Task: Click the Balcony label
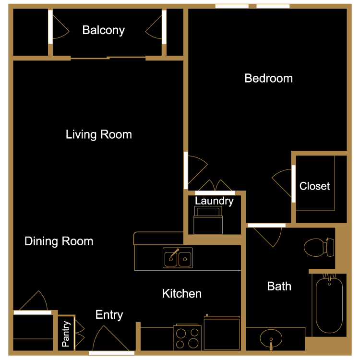[104, 30]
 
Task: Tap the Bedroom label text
[269, 78]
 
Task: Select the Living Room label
[99, 134]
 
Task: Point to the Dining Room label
[59, 241]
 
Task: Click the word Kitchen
[182, 293]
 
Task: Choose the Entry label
[109, 315]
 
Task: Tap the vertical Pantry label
[66, 334]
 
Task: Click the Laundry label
[214, 201]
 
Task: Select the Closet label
[314, 186]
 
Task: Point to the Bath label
[279, 286]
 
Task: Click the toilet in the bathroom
[319, 247]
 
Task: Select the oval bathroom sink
[271, 339]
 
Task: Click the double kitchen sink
[178, 258]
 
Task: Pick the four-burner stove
[187, 337]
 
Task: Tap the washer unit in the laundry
[208, 220]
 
